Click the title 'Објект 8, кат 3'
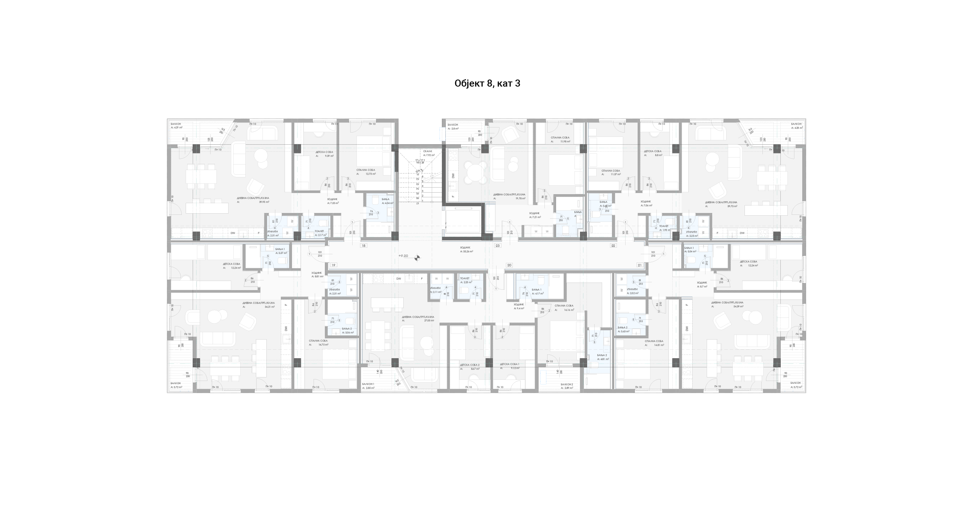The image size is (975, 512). (x=487, y=83)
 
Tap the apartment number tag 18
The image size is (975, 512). (x=363, y=246)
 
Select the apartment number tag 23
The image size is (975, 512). (x=497, y=246)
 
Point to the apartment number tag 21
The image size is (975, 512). (x=640, y=265)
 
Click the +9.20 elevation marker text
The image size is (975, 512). (x=403, y=256)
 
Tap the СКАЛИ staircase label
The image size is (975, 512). (x=427, y=151)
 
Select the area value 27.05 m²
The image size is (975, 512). (x=429, y=321)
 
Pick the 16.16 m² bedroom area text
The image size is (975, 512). (x=569, y=310)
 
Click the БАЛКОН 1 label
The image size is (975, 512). (x=368, y=384)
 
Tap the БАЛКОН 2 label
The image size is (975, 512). (x=567, y=384)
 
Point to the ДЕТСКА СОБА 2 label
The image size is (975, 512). (x=470, y=365)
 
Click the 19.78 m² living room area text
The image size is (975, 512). (x=520, y=198)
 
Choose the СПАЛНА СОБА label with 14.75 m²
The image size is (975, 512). (x=318, y=341)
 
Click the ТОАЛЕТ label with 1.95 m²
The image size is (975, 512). (x=663, y=226)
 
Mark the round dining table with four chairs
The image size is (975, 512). (x=475, y=173)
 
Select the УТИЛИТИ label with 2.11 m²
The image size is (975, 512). (x=435, y=288)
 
